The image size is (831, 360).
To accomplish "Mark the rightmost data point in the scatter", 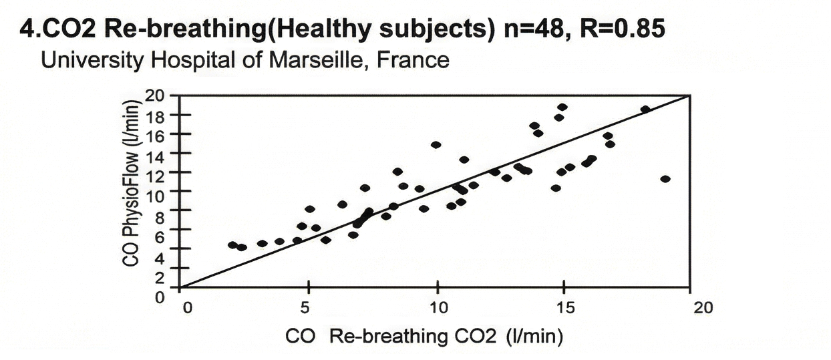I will pos(665,179).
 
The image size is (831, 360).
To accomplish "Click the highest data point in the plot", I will pos(562,107).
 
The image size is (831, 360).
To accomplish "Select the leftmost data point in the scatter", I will pos(232,245).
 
